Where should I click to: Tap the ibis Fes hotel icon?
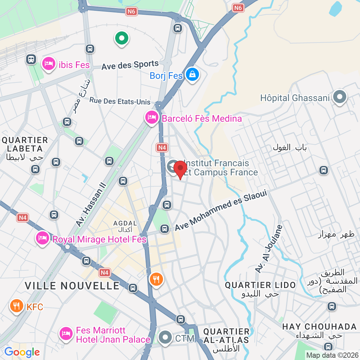click(49, 63)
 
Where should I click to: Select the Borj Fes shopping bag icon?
click(192, 74)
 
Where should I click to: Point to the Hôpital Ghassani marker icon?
click(340, 97)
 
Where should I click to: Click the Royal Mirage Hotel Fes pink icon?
click(43, 238)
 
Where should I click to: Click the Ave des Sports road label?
click(130, 65)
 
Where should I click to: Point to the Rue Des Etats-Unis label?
click(120, 101)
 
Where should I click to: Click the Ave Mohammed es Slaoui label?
click(221, 211)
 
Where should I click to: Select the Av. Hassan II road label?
click(91, 205)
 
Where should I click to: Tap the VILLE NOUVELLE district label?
click(72, 286)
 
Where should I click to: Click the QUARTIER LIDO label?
click(260, 285)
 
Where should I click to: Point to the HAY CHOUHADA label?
click(319, 327)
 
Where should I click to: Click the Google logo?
click(22, 352)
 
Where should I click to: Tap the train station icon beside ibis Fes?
click(31, 59)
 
